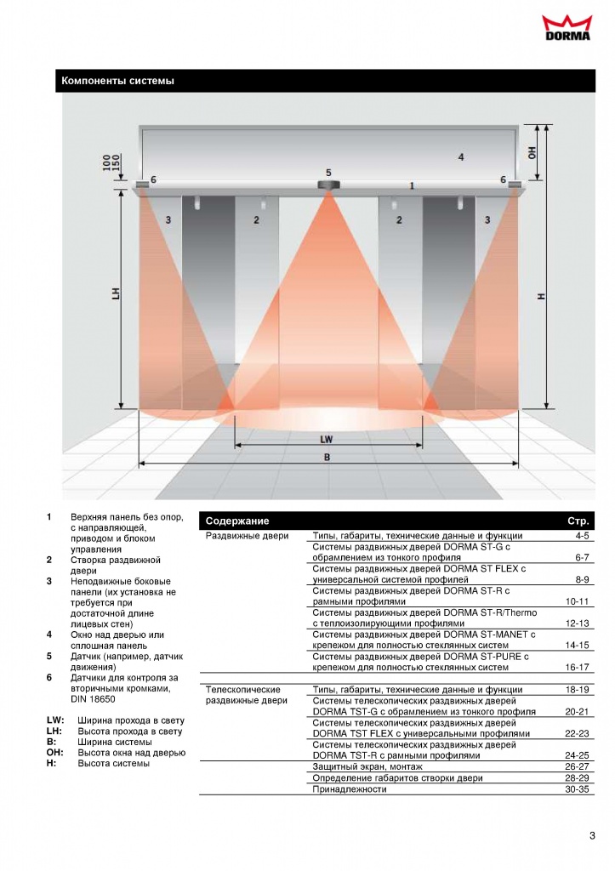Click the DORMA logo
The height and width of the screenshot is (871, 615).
(x=567, y=28)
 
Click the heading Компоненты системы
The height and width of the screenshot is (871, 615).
(x=117, y=81)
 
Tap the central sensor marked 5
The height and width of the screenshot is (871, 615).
(x=328, y=185)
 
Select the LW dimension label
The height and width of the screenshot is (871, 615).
(x=326, y=440)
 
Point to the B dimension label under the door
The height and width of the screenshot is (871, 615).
(x=327, y=457)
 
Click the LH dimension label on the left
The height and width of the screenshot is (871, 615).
(x=117, y=293)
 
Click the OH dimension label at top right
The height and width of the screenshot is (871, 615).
(x=532, y=152)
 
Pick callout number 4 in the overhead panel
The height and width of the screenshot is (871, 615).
(x=460, y=157)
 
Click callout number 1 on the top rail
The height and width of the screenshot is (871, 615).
(x=412, y=185)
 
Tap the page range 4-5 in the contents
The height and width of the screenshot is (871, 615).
(x=582, y=536)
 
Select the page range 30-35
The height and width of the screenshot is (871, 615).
(x=578, y=788)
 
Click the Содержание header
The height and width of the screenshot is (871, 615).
(x=237, y=521)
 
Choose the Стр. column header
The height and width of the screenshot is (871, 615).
(x=578, y=521)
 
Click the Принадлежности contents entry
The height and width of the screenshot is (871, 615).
(x=350, y=788)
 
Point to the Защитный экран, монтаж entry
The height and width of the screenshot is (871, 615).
(x=367, y=766)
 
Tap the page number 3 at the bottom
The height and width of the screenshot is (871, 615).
(x=592, y=835)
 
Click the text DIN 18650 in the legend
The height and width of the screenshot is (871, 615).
(x=93, y=699)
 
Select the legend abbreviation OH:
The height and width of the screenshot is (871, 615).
(x=55, y=753)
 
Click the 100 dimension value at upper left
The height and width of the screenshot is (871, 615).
(x=106, y=162)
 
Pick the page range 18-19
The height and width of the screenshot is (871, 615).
(x=578, y=689)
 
